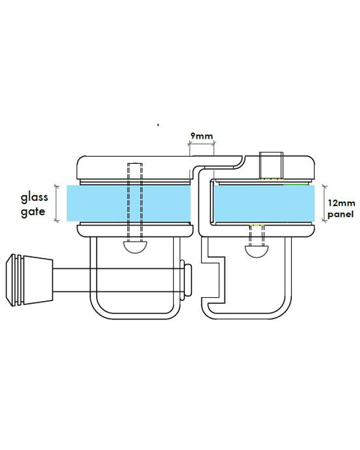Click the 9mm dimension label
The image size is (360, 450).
[x=200, y=136]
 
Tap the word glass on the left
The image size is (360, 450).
[x=35, y=197]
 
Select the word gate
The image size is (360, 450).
[x=33, y=212]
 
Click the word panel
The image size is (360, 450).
[x=341, y=214]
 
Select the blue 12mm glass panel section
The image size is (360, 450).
[x=262, y=203]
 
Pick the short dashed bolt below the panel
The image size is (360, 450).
[x=257, y=236]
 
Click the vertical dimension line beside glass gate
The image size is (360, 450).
[x=56, y=203]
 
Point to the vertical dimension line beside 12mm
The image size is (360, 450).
[x=325, y=203]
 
